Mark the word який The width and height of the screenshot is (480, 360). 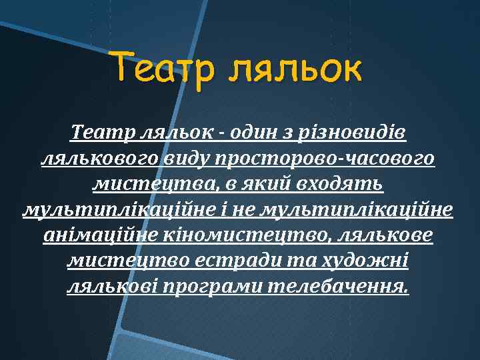[x=272, y=184]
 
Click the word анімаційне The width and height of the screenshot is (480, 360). [x=97, y=236]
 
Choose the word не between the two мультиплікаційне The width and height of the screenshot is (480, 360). [x=246, y=210]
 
